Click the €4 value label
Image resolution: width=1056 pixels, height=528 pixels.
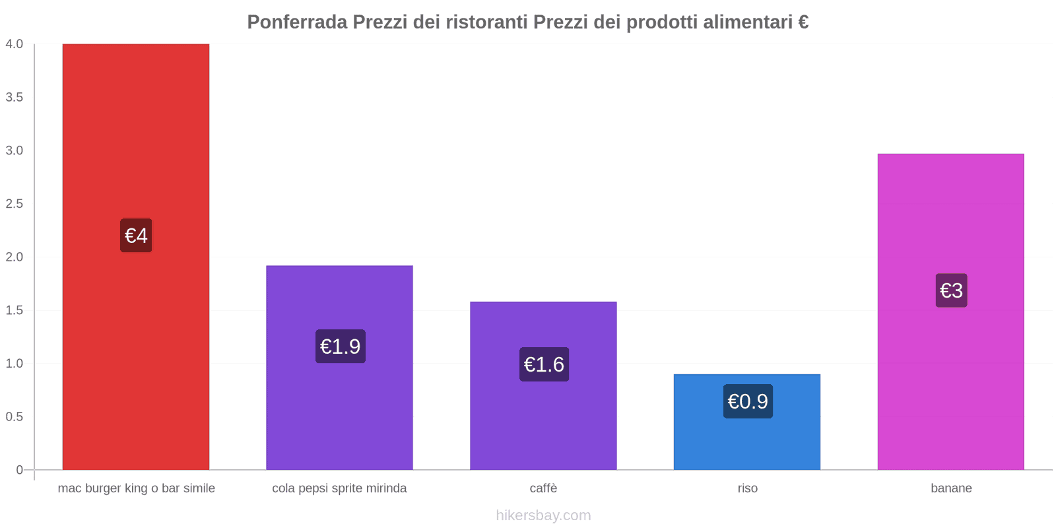[136, 235]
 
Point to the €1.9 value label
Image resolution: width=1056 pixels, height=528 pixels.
[340, 346]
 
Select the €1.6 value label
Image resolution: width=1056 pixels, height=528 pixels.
[544, 364]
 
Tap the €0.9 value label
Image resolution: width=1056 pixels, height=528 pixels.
[748, 401]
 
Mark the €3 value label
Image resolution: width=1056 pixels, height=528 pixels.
[951, 290]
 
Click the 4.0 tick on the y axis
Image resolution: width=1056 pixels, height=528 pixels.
[15, 44]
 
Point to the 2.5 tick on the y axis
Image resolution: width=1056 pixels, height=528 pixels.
[15, 204]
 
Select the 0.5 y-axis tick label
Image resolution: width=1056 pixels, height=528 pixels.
[15, 416]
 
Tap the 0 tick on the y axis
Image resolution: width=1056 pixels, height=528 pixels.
[20, 470]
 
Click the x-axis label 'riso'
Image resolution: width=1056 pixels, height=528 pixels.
[747, 488]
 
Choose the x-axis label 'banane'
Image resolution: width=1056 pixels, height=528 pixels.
[951, 488]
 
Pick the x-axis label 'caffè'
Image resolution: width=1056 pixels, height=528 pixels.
[543, 488]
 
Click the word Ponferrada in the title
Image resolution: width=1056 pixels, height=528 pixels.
[297, 22]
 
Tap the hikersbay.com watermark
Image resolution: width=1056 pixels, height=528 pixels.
[543, 515]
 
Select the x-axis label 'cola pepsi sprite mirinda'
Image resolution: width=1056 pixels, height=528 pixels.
[339, 488]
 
